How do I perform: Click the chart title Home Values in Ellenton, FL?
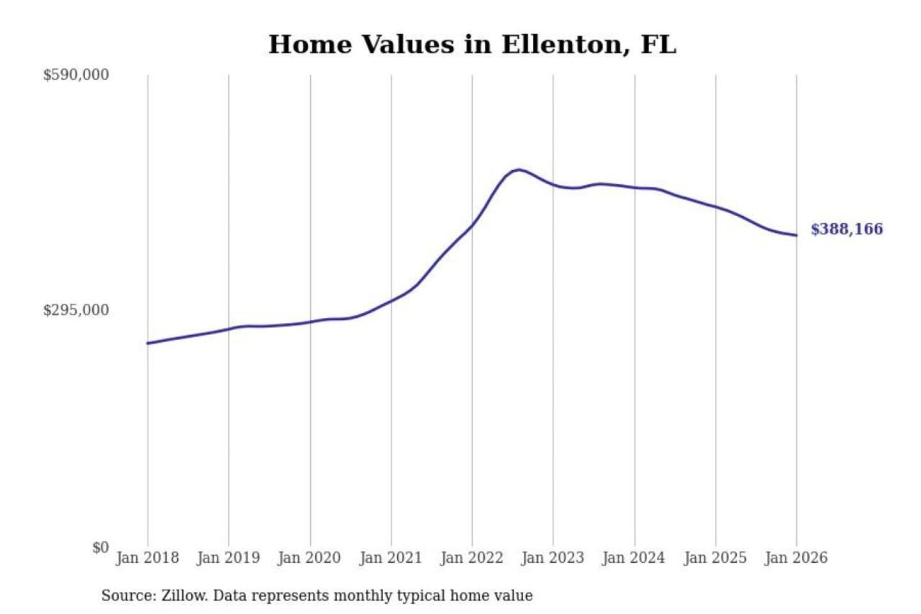click(x=472, y=45)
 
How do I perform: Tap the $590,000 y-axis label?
click(x=76, y=75)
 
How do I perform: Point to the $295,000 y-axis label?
click(x=76, y=310)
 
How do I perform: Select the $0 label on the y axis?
click(x=100, y=547)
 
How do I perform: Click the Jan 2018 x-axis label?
click(x=147, y=558)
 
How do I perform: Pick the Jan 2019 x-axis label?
click(x=228, y=558)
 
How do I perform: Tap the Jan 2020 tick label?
click(x=310, y=558)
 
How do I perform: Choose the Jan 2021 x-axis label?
click(x=391, y=558)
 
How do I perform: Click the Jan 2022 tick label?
click(x=472, y=558)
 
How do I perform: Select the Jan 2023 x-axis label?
click(x=553, y=558)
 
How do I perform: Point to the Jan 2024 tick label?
click(x=634, y=558)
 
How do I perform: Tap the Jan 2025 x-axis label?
click(x=715, y=558)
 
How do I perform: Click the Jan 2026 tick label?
click(x=796, y=558)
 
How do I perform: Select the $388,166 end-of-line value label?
click(x=847, y=229)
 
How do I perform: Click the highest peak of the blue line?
click(x=519, y=169)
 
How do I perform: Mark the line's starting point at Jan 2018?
click(x=148, y=343)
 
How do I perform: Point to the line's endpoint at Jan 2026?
click(x=796, y=235)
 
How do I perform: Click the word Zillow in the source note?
click(x=184, y=595)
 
